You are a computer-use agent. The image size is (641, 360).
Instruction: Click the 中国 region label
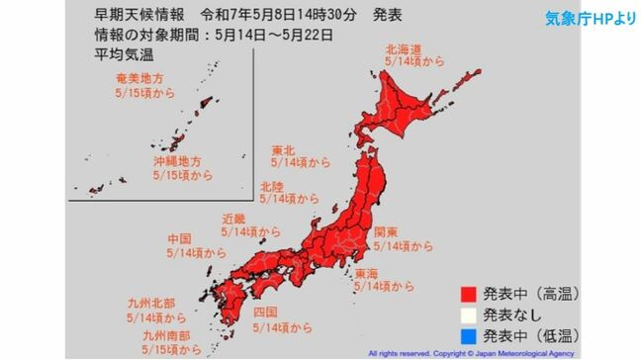point(153,238)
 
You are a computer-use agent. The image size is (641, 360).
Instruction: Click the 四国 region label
point(265,312)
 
